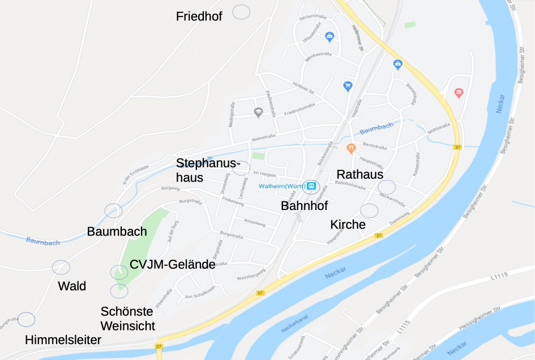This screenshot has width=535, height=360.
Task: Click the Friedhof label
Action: coord(199,16)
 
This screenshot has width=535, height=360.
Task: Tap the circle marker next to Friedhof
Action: coord(242,12)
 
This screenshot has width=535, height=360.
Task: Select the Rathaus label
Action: coord(360,174)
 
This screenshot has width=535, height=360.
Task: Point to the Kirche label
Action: coord(348,225)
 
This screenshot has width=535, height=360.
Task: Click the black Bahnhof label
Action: coord(304,206)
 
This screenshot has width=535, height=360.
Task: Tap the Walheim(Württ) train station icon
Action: coord(311,186)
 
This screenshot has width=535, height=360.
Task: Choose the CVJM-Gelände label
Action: coord(172,264)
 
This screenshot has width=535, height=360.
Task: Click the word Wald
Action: coord(72,286)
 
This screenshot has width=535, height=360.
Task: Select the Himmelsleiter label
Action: coord(63,340)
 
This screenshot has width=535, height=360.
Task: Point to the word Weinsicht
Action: coord(127,325)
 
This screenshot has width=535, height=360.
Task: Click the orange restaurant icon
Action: coord(351,148)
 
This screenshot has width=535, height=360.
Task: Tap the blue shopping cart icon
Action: coord(348,86)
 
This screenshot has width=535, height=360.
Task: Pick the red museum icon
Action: coord(459,93)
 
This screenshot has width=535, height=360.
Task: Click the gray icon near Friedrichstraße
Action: coord(258,112)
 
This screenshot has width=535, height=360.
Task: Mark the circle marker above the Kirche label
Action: coord(369,211)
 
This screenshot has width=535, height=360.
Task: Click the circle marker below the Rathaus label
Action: coord(387,186)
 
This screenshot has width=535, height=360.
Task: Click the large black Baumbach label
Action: coord(117,232)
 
